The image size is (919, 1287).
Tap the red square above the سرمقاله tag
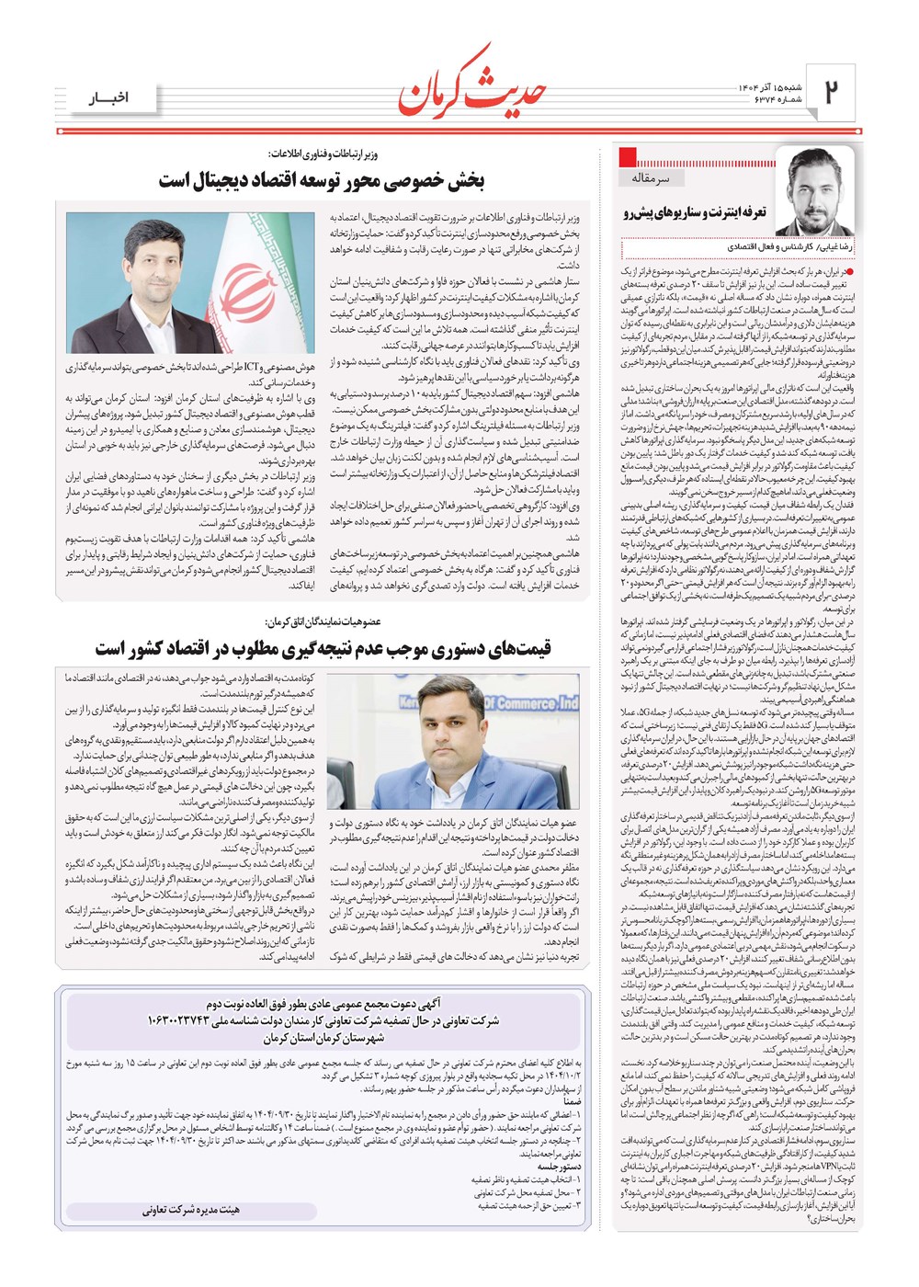(x=629, y=155)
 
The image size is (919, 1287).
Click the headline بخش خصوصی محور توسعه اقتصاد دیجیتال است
(x=321, y=180)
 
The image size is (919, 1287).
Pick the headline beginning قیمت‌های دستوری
(x=323, y=649)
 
